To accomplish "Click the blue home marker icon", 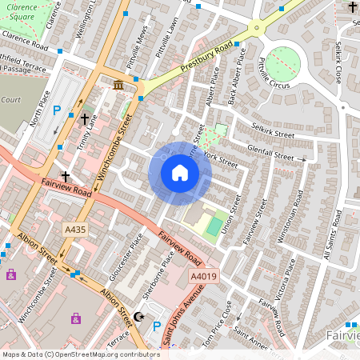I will (180, 172).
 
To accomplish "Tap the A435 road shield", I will (75, 230).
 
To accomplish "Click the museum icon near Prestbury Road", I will (118, 85).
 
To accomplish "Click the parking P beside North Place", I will (56, 111).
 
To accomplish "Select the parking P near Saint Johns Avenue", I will (156, 326).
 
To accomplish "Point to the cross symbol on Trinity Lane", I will (85, 118).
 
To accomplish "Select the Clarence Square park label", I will (17, 10).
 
